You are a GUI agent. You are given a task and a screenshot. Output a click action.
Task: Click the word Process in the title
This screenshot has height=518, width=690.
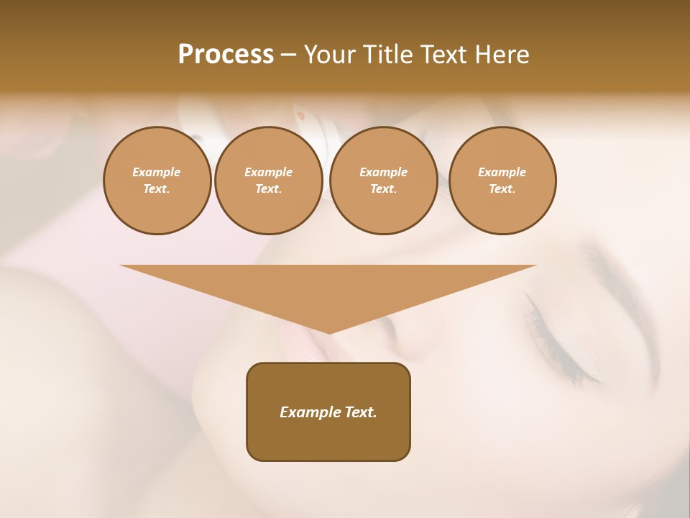(x=226, y=55)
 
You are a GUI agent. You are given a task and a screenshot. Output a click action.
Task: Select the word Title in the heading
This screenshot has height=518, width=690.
(x=390, y=55)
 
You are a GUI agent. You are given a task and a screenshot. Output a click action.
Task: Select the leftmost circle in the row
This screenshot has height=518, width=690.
(x=157, y=181)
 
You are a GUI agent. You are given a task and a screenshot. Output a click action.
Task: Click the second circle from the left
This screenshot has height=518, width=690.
(x=269, y=181)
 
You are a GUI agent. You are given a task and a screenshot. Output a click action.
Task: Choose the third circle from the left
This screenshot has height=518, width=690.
(x=384, y=181)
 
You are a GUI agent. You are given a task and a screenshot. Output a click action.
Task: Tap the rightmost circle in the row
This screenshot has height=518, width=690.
(x=502, y=181)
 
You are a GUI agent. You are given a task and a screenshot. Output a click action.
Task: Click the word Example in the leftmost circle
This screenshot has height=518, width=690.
(x=157, y=172)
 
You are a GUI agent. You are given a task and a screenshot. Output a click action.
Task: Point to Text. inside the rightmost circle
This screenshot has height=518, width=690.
(x=502, y=189)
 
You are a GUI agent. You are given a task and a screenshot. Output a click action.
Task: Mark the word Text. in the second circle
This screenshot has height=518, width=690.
(x=269, y=189)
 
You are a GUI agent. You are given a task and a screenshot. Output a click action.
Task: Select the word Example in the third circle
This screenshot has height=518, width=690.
(x=384, y=172)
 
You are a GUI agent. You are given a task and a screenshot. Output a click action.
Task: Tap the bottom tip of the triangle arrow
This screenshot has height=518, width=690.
(x=329, y=332)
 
